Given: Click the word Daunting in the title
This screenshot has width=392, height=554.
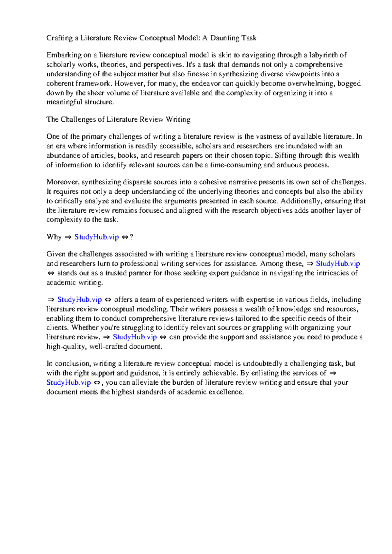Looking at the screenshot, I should click(225, 38).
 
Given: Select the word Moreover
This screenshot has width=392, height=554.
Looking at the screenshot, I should click(62, 182).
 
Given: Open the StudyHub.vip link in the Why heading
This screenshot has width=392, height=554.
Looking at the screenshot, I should click(96, 237).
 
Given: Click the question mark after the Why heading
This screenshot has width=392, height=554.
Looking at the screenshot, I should click(131, 237).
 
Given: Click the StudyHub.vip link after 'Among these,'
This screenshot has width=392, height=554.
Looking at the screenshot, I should click(338, 264).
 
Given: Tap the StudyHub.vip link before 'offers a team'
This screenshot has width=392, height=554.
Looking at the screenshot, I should click(79, 300).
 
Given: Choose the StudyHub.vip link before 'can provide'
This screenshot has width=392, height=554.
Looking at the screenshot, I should click(135, 337).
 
